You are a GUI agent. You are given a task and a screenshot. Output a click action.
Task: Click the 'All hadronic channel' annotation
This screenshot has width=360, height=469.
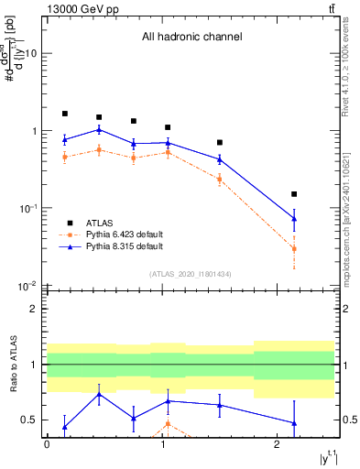coord(191,38)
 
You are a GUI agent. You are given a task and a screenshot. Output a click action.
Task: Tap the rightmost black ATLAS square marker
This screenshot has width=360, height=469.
coord(294,194)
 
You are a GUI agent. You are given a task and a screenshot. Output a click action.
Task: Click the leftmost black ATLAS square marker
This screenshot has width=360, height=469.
coord(65,114)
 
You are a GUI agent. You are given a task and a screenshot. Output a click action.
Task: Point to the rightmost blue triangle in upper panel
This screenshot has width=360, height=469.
coord(294,218)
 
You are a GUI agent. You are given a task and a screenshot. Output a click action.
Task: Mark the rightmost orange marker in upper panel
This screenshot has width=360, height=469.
coord(294,248)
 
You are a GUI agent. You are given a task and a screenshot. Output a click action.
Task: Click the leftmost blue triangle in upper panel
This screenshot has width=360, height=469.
coord(65,139)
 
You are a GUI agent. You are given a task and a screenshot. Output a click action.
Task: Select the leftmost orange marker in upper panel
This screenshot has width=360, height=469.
coord(65,157)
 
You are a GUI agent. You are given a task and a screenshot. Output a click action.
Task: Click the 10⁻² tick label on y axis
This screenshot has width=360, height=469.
coord(29,286)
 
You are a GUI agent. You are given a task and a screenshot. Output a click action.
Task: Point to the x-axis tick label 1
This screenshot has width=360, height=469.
coord(162,442)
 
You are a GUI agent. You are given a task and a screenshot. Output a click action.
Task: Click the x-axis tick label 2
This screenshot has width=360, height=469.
coord(277,442)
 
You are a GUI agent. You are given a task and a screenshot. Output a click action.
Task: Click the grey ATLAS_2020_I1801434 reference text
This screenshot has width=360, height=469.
coord(191,274)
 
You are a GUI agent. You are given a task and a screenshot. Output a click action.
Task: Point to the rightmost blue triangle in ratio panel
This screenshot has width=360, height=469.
coord(294,423)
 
